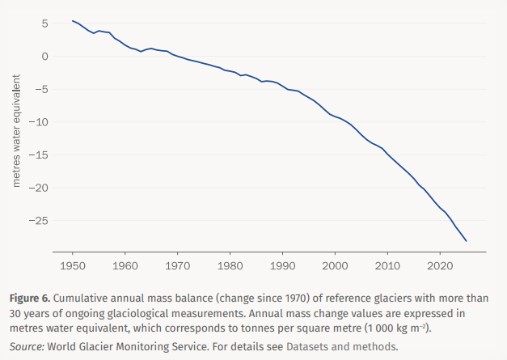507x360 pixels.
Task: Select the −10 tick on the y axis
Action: point(42,121)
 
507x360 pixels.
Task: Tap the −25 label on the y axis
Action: point(42,220)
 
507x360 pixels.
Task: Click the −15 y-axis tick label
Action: point(42,155)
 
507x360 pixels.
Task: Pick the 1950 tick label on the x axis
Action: point(73,265)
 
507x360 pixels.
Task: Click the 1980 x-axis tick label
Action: point(230,265)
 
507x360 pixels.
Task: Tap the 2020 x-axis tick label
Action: point(440,265)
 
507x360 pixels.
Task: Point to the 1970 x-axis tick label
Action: point(178,265)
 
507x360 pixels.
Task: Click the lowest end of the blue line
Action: point(467,241)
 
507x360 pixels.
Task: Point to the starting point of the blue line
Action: point(73,21)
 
